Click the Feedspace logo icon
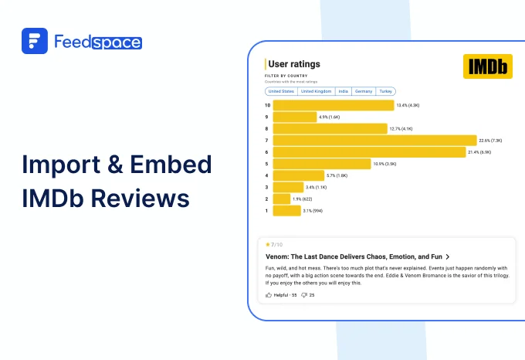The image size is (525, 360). point(35,41)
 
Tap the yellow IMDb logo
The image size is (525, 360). point(487,66)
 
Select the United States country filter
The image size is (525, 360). point(281,91)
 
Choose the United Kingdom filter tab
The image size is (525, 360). point(317,91)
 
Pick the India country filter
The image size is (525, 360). point(344,91)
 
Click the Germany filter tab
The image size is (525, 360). point(364,91)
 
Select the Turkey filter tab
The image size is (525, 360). point(386,91)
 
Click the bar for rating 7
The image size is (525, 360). point(374,141)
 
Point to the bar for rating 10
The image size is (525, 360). point(333,105)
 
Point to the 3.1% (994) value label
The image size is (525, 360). point(313,210)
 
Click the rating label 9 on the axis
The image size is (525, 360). point(267,117)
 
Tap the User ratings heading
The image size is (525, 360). point(293,64)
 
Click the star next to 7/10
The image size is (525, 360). point(267,245)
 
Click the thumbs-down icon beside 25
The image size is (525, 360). point(304,295)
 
